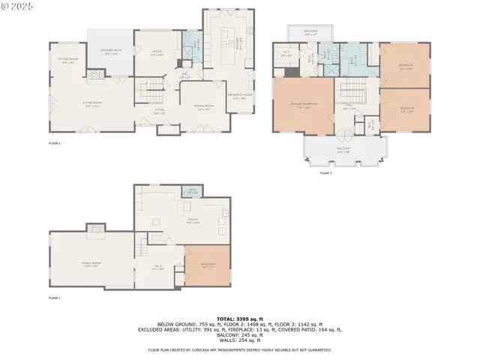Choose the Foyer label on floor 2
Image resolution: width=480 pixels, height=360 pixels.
pyautogui.click(x=160, y=112)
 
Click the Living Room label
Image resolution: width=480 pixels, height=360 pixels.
pyautogui.click(x=92, y=105)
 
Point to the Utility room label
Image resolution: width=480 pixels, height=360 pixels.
pyautogui.click(x=192, y=222)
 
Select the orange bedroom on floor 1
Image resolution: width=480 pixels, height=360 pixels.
pyautogui.click(x=208, y=266)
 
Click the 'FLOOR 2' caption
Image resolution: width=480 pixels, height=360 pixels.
pyautogui.click(x=54, y=142)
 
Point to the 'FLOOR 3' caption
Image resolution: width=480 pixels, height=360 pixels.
pyautogui.click(x=325, y=173)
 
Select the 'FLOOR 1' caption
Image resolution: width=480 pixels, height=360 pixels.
pyautogui.click(x=54, y=298)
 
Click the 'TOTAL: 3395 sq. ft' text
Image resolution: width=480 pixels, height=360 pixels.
pyautogui.click(x=239, y=318)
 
